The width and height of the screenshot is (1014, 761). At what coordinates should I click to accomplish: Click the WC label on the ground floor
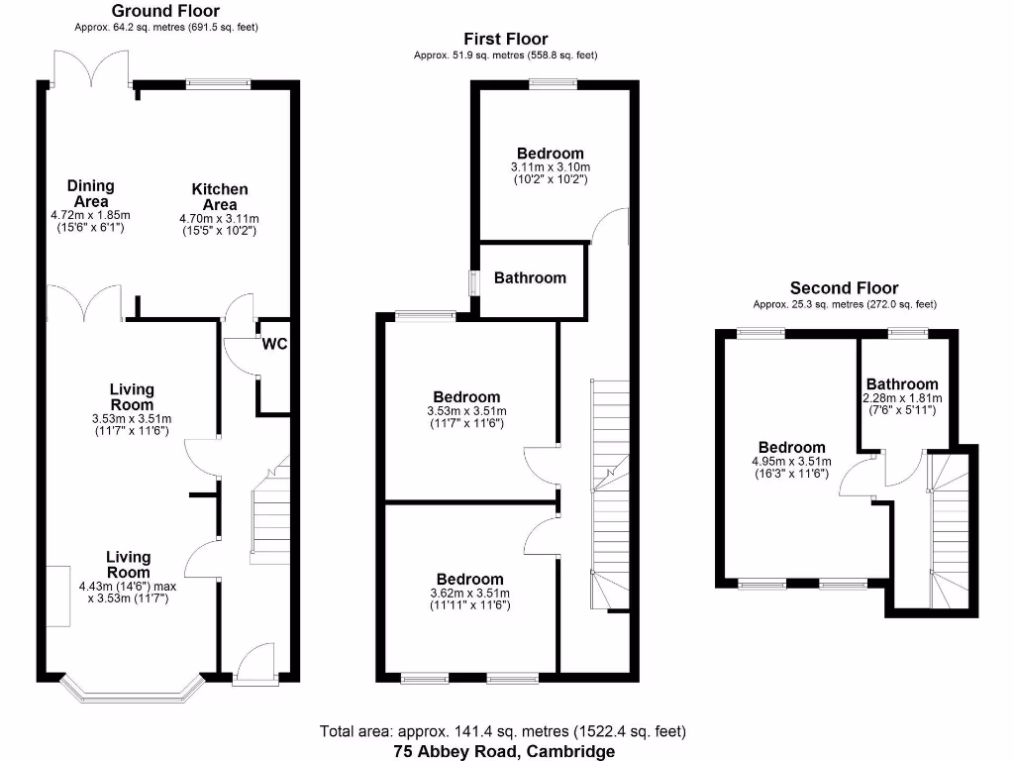point(274,345)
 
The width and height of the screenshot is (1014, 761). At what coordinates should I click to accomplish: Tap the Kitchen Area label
point(220,196)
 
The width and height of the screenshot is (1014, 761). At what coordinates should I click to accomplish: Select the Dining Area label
point(91,193)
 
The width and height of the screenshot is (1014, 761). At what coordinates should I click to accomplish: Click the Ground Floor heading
point(165,12)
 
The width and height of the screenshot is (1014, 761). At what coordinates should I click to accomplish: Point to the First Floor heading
point(505,40)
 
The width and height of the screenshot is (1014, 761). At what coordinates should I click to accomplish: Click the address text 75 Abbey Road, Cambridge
point(502,751)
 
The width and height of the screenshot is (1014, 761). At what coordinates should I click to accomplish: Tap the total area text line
point(502,731)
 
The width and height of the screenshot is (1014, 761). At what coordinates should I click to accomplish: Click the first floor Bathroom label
point(530,278)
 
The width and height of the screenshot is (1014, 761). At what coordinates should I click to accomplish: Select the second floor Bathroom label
point(901,384)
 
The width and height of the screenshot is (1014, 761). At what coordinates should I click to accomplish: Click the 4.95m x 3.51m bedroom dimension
point(792,462)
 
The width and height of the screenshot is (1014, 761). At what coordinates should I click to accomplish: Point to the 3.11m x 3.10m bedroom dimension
point(550,167)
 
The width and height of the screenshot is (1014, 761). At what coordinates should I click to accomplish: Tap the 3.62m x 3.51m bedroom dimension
point(470,594)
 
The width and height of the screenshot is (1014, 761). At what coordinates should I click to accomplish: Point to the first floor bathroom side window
point(473,280)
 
